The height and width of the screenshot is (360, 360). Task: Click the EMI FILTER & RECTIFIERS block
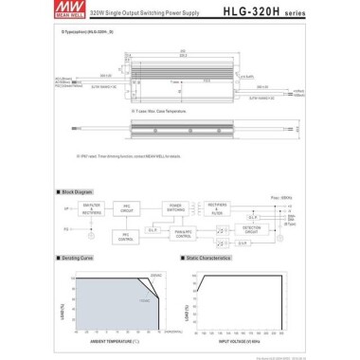(92, 209)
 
